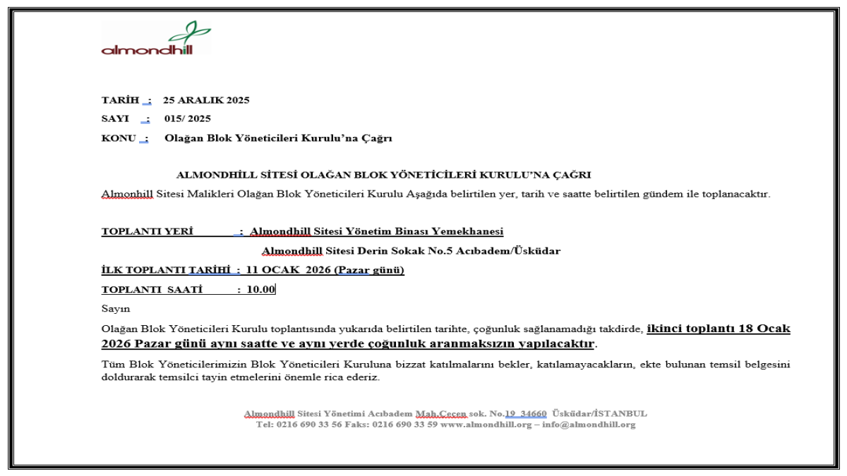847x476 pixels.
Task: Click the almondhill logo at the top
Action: point(156,39)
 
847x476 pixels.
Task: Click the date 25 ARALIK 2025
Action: point(206,100)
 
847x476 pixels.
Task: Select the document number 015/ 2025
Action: point(188,118)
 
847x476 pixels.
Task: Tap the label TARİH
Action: point(121,100)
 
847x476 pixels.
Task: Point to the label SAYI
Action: point(115,118)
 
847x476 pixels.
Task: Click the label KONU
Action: point(119,138)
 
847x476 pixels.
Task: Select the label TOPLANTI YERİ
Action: point(148,231)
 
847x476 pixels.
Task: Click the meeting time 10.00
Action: point(261,289)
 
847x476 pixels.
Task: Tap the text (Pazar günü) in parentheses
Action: point(369,270)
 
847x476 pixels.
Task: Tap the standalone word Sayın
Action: point(116,308)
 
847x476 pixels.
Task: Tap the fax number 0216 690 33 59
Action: point(404,425)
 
